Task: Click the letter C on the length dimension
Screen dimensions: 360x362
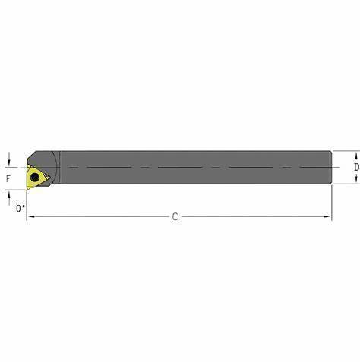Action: coord(175,217)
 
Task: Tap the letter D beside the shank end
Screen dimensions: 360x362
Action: coord(356,167)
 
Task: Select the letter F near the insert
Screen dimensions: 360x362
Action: coord(8,178)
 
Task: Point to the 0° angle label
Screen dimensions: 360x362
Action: coord(21,209)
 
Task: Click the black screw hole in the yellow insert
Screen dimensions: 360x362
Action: coord(35,178)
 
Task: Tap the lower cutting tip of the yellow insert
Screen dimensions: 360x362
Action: coord(28,188)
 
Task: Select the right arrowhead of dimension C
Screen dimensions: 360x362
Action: coord(327,216)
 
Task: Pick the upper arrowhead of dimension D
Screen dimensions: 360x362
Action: coord(356,154)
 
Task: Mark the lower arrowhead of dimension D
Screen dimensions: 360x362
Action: coord(356,180)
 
